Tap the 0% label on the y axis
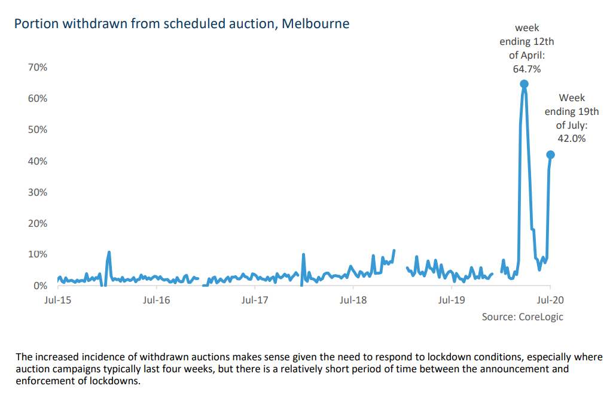pyautogui.click(x=40, y=285)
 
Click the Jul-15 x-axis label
pyautogui.click(x=58, y=299)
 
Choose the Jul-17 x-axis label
pyautogui.click(x=255, y=299)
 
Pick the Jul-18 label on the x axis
pyautogui.click(x=353, y=299)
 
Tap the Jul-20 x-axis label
pyautogui.click(x=550, y=299)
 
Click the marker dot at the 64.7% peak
pyautogui.click(x=524, y=84)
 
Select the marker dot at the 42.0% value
pyautogui.click(x=551, y=154)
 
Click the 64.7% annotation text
pyautogui.click(x=527, y=69)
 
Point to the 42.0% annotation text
pyautogui.click(x=572, y=139)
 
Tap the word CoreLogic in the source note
pyautogui.click(x=540, y=317)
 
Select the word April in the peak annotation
pyautogui.click(x=532, y=56)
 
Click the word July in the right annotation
pyautogui.click(x=576, y=125)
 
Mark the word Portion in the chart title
pyautogui.click(x=35, y=24)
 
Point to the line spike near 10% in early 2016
pyautogui.click(x=109, y=253)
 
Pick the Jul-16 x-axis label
pyautogui.click(x=157, y=299)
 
